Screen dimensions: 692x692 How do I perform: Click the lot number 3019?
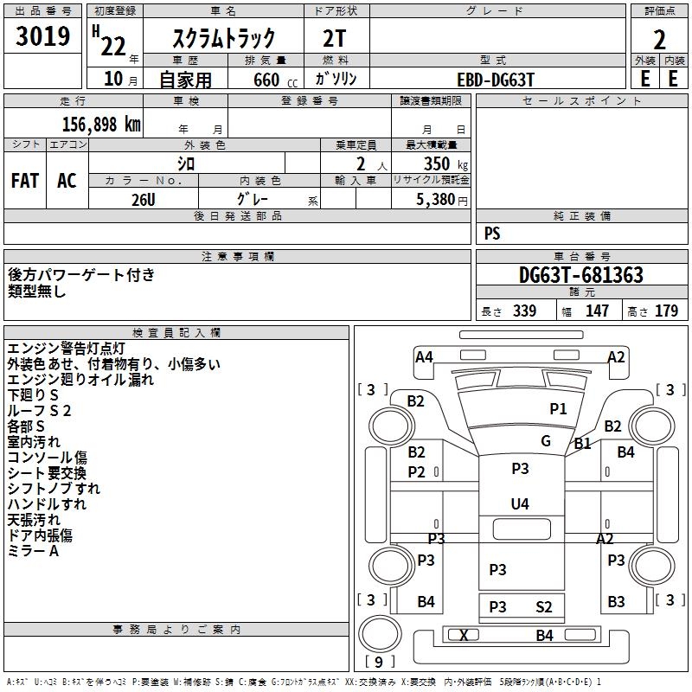[x=43, y=36]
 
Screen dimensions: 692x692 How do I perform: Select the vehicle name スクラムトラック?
[x=224, y=37]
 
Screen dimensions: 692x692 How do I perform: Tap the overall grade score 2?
[x=660, y=39]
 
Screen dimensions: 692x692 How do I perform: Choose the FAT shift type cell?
[x=25, y=181]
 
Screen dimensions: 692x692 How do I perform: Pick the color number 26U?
[x=143, y=199]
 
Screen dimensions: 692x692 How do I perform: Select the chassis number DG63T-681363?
[x=580, y=275]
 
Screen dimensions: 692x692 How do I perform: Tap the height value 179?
[x=667, y=311]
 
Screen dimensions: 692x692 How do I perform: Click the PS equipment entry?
[x=492, y=234]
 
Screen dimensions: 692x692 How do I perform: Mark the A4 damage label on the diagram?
[x=424, y=357]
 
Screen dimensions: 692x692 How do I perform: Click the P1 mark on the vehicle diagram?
[x=558, y=409]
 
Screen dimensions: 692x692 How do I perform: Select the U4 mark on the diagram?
[x=520, y=503]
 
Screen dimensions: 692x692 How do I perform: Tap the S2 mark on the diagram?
[x=543, y=607]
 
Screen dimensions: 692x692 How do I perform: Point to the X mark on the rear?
[x=465, y=636]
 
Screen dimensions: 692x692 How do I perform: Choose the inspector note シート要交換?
[x=47, y=473]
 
